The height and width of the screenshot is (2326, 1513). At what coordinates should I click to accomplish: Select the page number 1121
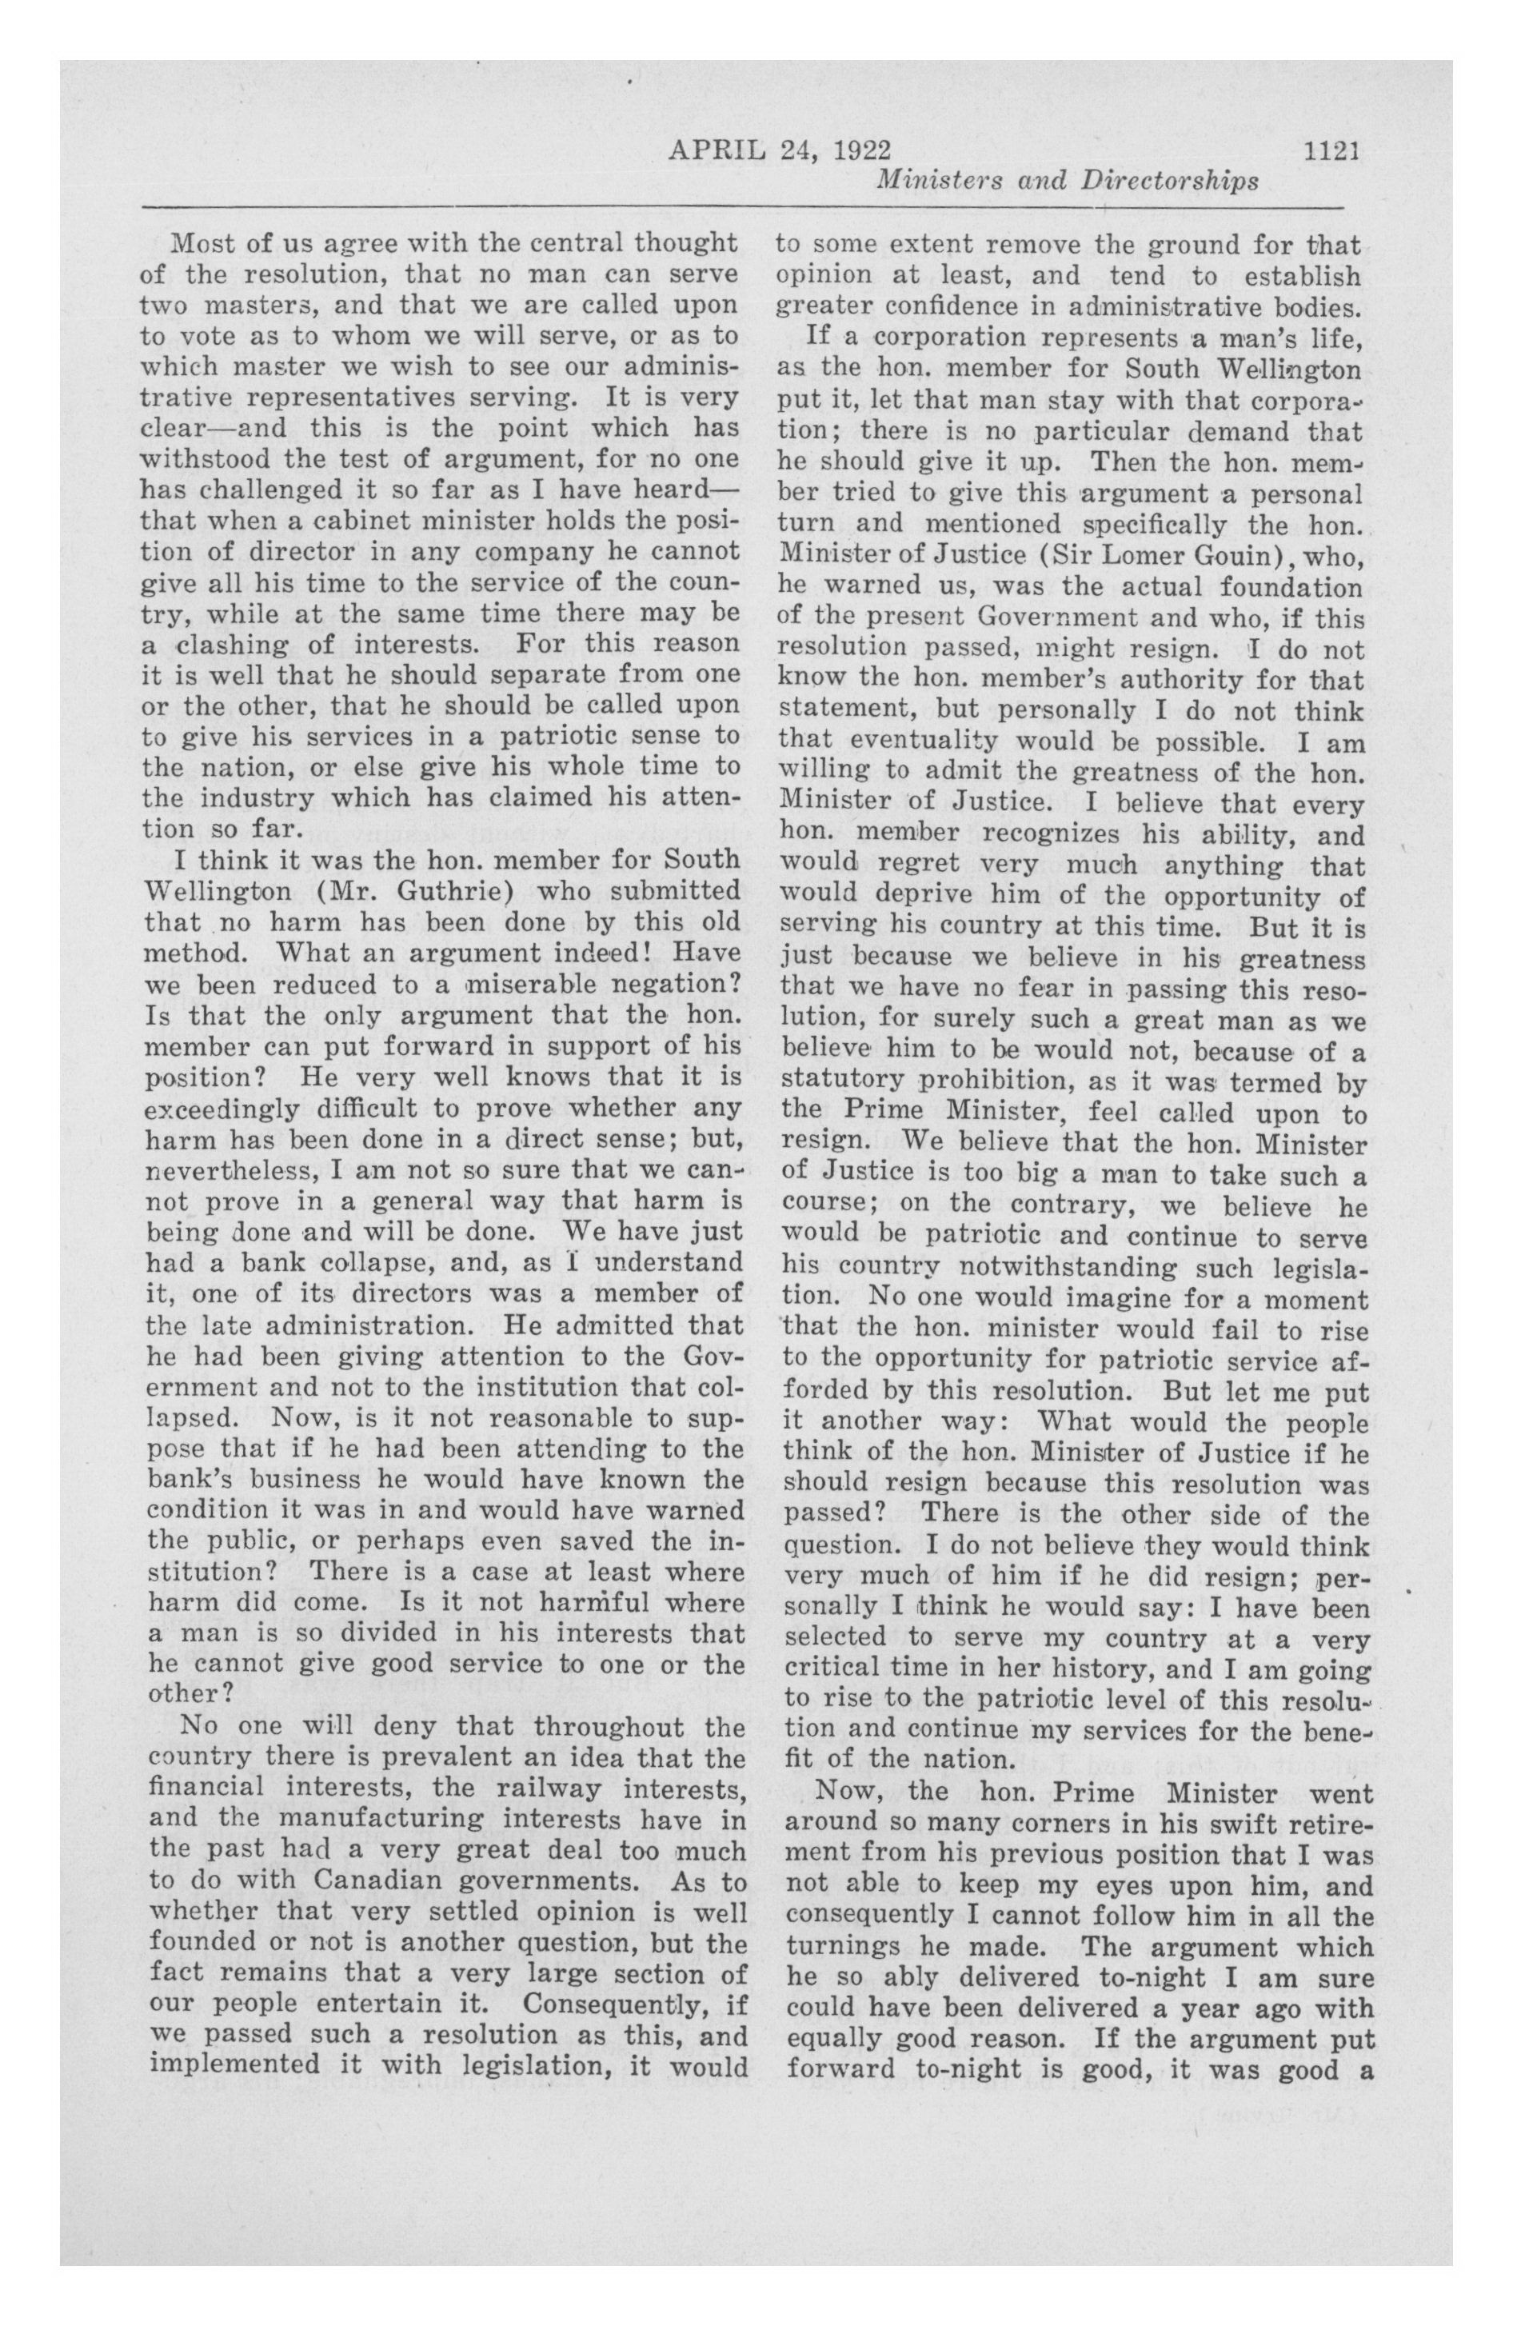click(1332, 150)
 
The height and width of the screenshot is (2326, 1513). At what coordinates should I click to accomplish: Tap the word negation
click(682, 984)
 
